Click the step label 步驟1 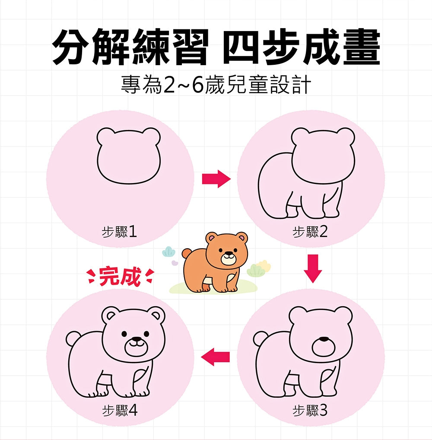pos(119,232)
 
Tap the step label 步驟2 pos(310,232)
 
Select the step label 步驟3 pos(310,411)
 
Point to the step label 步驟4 pos(119,411)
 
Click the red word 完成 pos(120,277)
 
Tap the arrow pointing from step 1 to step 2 pos(216,179)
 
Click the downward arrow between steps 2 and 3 pos(313,269)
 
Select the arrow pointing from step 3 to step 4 pos(215,357)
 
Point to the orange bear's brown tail pos(186,254)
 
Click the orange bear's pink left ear pos(211,238)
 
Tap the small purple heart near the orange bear pos(175,263)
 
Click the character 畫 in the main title pos(362,47)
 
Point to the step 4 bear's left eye pos(124,334)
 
